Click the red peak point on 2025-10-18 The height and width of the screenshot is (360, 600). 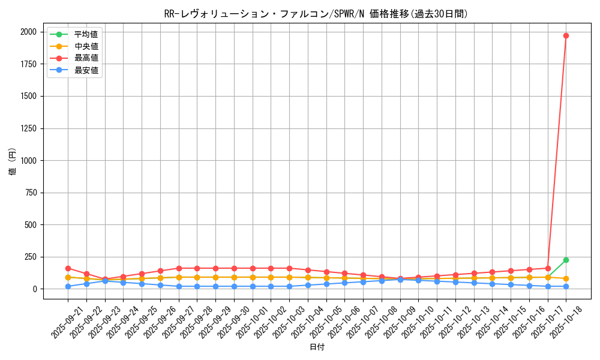[x=566, y=35]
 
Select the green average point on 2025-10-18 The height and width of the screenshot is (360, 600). [x=566, y=260]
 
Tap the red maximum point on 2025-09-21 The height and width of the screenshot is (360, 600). [x=68, y=268]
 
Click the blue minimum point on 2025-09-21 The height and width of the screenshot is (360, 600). [x=68, y=286]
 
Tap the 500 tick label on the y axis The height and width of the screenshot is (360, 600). [x=30, y=225]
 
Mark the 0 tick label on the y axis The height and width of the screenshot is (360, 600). [x=35, y=289]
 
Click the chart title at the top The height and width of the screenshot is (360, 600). [x=316, y=14]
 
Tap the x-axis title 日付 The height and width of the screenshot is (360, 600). [x=317, y=347]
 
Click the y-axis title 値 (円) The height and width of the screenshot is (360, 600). [x=13, y=161]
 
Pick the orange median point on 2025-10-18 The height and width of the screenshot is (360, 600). [x=566, y=279]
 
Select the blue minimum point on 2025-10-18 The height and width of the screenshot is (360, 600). [x=566, y=286]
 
